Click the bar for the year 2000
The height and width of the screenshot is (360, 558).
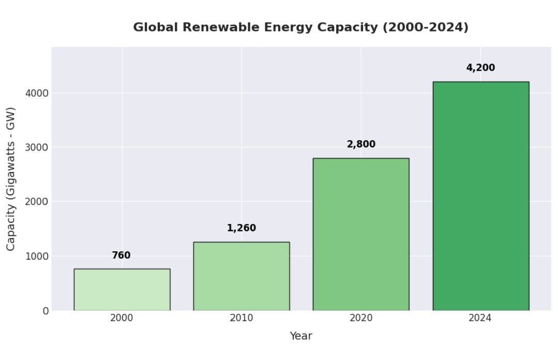coord(122,289)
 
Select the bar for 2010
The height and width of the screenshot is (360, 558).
coord(241,276)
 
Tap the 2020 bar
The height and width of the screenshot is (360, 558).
coord(360,234)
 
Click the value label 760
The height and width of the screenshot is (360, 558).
coord(121,256)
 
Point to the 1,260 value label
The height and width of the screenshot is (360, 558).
coord(241,228)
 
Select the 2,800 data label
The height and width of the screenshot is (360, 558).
coord(361,144)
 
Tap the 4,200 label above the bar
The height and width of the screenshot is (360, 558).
coord(480,68)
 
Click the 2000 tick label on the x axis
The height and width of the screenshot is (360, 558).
coord(122,318)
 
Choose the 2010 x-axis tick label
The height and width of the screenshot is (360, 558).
coord(241,318)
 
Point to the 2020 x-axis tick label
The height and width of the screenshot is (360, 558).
coord(361,318)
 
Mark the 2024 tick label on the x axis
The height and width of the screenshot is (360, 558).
coord(480,318)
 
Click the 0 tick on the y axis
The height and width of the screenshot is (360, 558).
coord(46,311)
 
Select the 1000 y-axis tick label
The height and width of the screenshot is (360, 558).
coord(37,256)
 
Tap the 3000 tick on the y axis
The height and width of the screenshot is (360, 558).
coord(37,147)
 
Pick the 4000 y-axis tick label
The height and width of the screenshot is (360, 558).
coord(37,93)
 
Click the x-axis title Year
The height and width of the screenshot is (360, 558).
coord(300,336)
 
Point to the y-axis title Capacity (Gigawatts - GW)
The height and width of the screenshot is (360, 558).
coord(11,179)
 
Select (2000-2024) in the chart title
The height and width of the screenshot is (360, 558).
coord(425,27)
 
